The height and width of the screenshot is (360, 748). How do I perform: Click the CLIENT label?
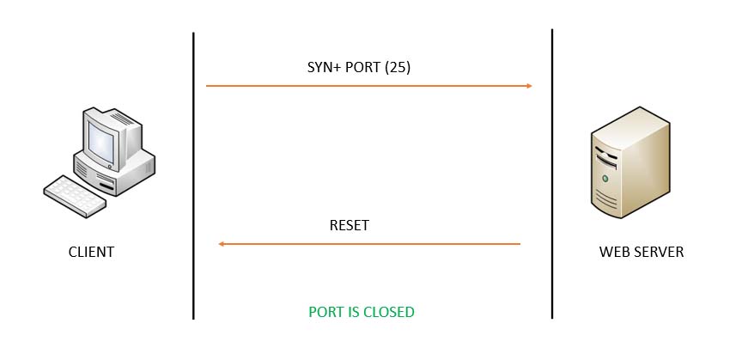(91, 253)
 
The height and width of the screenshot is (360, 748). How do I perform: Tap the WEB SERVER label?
(642, 253)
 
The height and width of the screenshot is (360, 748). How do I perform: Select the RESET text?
(349, 226)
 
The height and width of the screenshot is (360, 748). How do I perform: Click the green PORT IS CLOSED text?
(362, 312)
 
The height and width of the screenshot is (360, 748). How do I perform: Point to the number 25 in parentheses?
(398, 67)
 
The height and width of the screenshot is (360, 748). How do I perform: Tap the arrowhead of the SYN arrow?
(529, 86)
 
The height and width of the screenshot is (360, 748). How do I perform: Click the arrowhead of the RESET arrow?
(222, 244)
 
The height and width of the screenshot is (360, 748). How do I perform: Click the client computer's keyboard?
(75, 195)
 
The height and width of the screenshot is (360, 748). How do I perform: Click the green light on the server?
(606, 179)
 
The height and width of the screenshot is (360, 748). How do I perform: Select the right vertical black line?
(551, 172)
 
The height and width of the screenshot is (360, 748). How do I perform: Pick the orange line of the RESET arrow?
(369, 244)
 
